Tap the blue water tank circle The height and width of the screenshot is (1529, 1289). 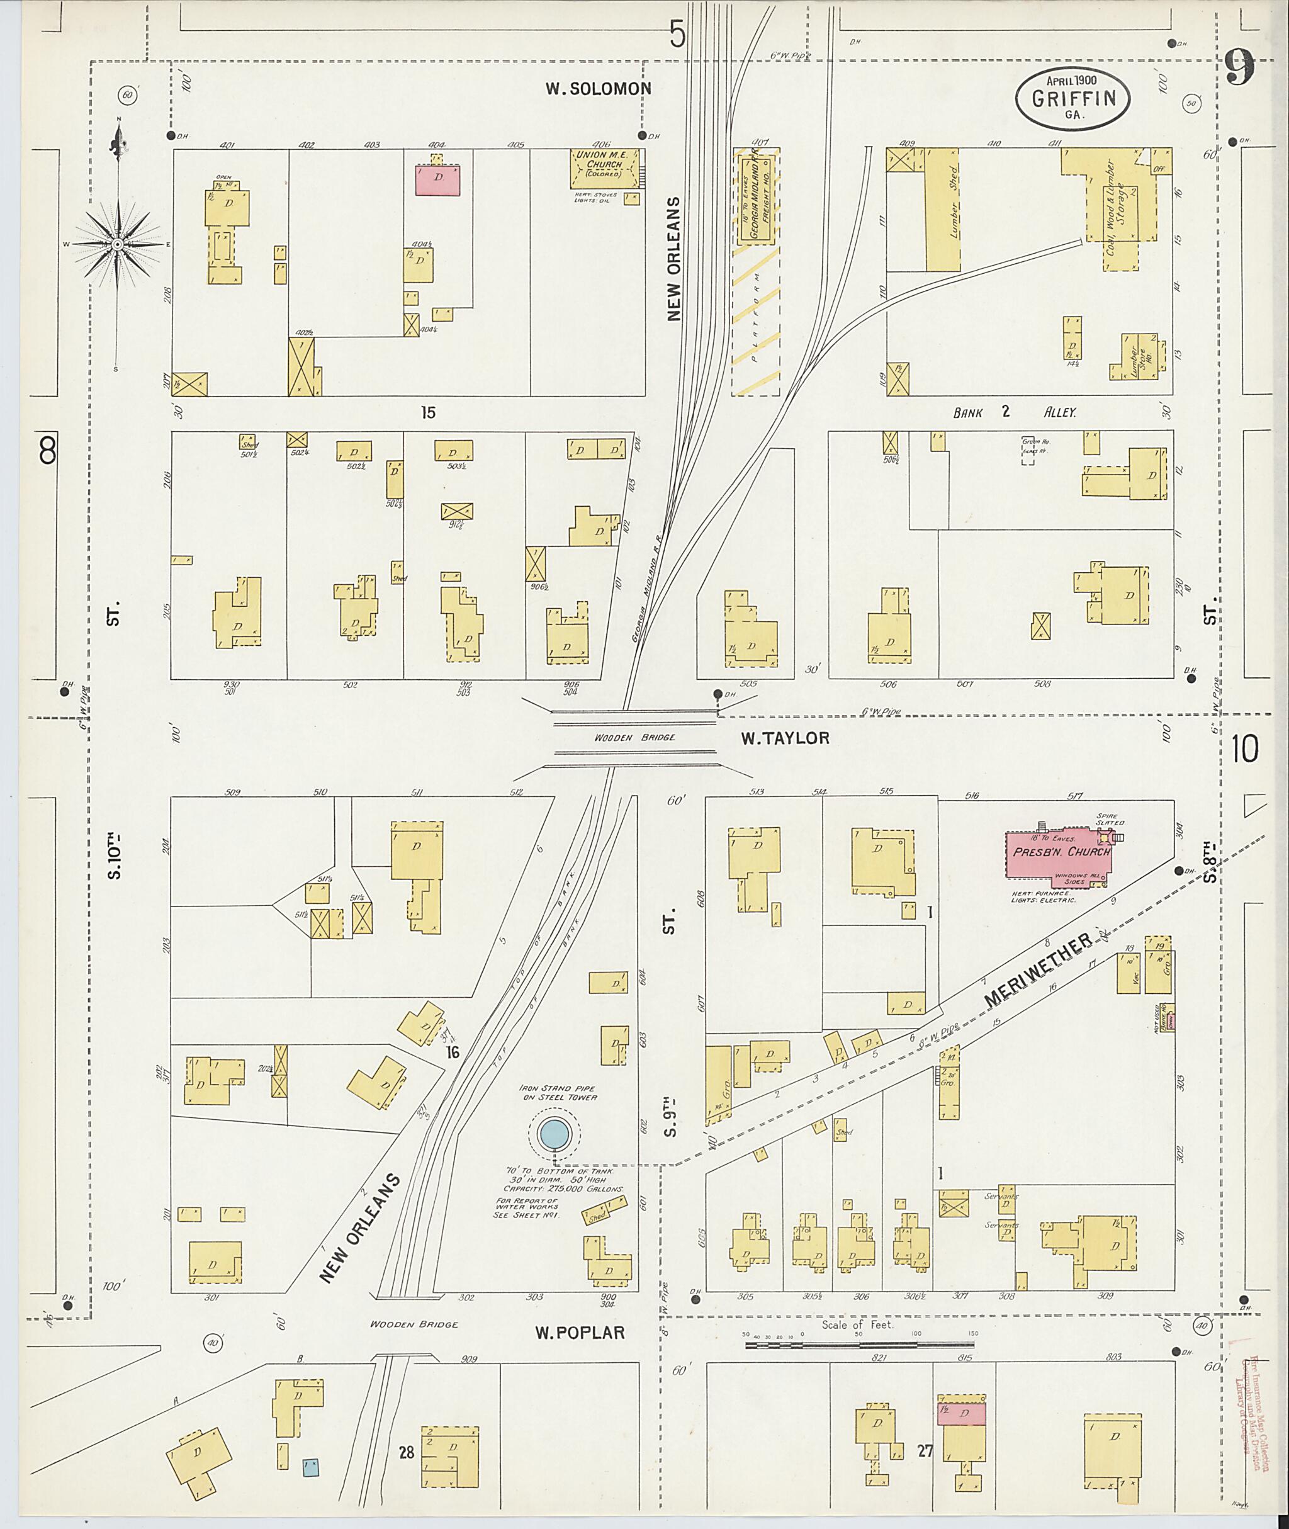553,1134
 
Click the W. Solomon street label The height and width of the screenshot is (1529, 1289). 598,89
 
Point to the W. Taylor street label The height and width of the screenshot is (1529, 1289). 785,738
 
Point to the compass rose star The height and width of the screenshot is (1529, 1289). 117,244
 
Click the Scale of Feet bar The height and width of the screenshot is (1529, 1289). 859,1345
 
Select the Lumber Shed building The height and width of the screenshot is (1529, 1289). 943,210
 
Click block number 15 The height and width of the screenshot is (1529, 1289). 428,413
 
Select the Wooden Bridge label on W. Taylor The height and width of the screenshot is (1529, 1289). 634,738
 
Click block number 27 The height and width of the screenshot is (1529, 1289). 925,1451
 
